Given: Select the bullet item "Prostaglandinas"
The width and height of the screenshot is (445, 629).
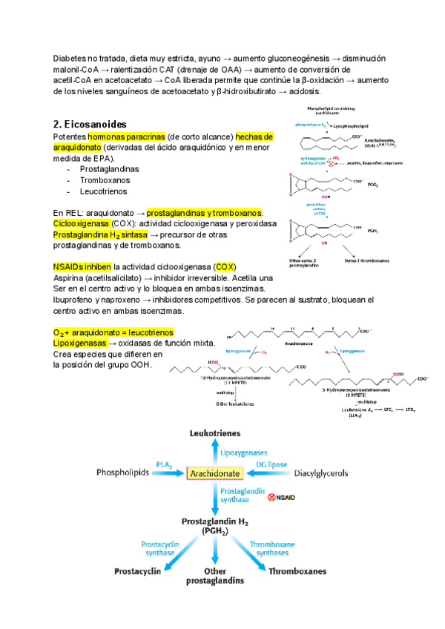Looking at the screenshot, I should click(x=113, y=169).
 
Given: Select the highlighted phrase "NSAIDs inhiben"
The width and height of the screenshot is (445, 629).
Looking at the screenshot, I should click(x=82, y=266).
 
